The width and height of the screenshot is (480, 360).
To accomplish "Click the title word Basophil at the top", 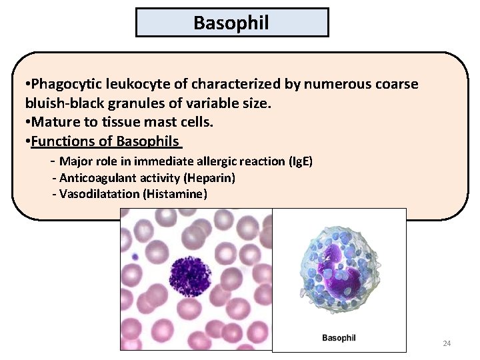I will pyautogui.click(x=231, y=23).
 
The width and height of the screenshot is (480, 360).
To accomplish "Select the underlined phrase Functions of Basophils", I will pyautogui.click(x=105, y=141).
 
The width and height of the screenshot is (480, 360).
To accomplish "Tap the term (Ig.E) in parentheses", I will pyautogui.click(x=299, y=161).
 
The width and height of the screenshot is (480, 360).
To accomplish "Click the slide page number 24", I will pyautogui.click(x=447, y=344).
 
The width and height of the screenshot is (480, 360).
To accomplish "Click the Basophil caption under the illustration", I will pyautogui.click(x=339, y=338).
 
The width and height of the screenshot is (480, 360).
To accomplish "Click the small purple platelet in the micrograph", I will pyautogui.click(x=135, y=256).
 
